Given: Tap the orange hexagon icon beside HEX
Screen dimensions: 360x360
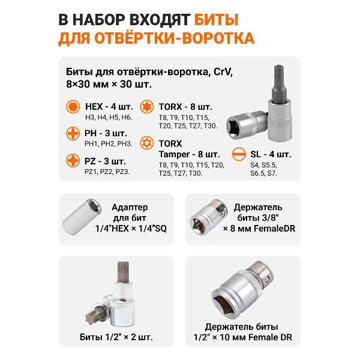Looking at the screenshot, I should click(x=73, y=106).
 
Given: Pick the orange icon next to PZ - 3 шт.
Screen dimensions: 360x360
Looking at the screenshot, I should click(x=73, y=160).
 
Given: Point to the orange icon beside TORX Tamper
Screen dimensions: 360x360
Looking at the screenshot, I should click(x=146, y=143).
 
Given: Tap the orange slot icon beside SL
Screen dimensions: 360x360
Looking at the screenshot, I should click(x=238, y=152).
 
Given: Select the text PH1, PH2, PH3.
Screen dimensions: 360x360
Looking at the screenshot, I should click(x=108, y=143).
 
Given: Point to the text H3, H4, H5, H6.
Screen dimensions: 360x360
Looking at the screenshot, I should click(x=108, y=117).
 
